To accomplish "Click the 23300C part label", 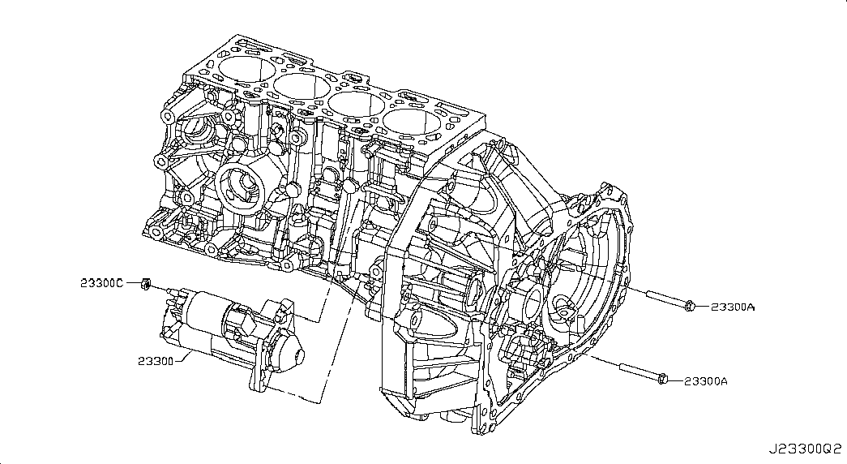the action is tap(102, 283).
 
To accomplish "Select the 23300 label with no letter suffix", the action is tap(156, 361).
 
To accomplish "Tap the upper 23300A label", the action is tap(733, 307).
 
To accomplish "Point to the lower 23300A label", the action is tap(705, 381).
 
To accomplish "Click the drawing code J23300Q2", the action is tap(806, 449).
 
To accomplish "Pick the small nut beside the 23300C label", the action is tap(145, 283).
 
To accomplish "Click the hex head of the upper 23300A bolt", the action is tap(689, 307).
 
